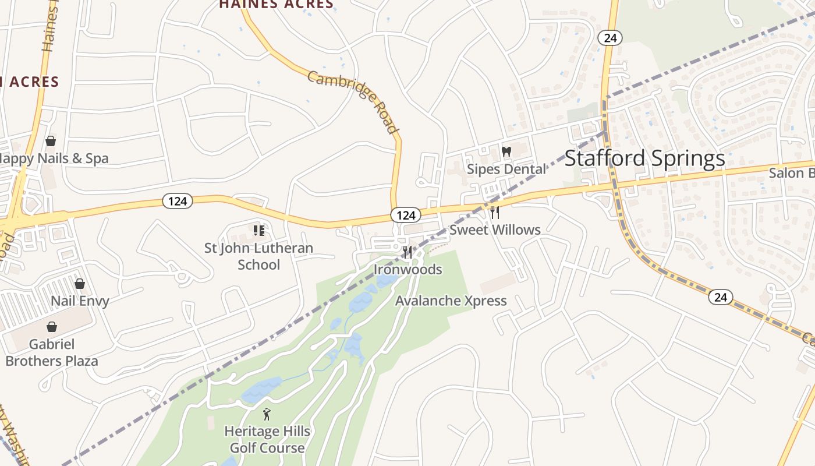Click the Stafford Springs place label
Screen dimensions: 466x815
pos(644,158)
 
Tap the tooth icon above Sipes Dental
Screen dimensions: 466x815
pos(506,152)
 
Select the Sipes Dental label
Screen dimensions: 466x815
pos(507,169)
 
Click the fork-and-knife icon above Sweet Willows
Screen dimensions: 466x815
pos(494,213)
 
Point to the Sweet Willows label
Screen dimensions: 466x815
pos(495,230)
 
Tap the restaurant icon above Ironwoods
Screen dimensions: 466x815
pos(408,252)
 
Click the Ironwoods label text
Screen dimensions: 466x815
pos(408,270)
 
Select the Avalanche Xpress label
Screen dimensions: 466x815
pos(451,301)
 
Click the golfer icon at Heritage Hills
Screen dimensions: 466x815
pos(267,414)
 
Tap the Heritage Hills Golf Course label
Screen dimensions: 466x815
pos(267,440)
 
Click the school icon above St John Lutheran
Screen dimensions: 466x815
pos(259,231)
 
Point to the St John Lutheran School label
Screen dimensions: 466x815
pos(259,256)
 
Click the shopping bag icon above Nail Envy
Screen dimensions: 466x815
pos(80,284)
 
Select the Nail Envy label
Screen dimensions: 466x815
pos(80,301)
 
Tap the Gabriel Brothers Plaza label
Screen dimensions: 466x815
pos(52,352)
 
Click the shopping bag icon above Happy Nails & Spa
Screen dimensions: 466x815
pos(51,141)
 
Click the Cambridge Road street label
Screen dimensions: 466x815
pos(353,101)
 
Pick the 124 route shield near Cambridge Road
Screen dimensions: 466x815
pos(405,215)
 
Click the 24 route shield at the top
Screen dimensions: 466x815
pos(610,38)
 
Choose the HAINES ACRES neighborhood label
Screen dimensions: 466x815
pos(276,5)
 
